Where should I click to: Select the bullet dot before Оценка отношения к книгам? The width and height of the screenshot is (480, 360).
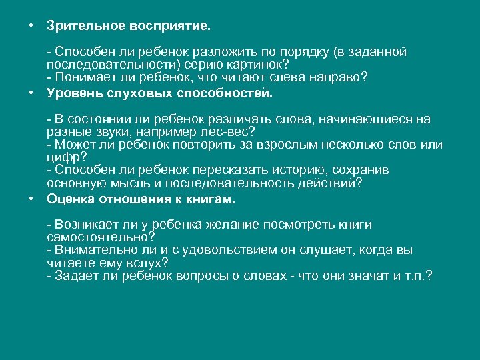point(31,198)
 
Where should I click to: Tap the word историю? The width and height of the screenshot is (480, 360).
point(279,170)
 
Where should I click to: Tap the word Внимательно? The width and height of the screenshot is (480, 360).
point(91,250)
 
